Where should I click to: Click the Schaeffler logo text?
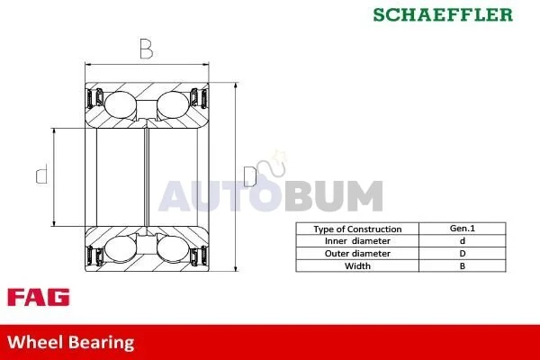[443, 14]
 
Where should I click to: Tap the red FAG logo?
[38, 297]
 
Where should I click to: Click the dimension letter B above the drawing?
[147, 49]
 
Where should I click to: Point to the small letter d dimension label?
[42, 175]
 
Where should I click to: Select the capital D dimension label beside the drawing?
[250, 176]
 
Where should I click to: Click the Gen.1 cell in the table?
[463, 229]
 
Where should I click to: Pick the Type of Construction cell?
[357, 229]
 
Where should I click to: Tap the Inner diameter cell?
[357, 241]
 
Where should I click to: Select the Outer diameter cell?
[357, 254]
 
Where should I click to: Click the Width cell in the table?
[357, 266]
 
